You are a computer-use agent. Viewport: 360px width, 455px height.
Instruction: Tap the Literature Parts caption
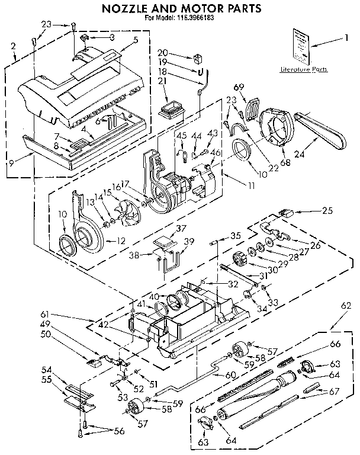tap(303, 70)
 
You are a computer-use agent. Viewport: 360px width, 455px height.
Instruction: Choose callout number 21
tap(162, 81)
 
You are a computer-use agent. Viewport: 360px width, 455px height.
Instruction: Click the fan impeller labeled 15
tap(126, 212)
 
